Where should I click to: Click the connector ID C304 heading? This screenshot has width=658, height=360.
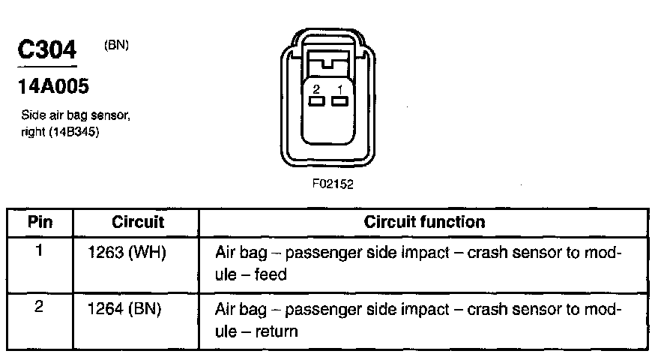point(47,51)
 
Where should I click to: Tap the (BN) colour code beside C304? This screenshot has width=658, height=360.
point(116,45)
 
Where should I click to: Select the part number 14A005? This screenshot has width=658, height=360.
point(53,87)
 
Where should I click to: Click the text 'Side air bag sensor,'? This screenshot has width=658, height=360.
point(76,116)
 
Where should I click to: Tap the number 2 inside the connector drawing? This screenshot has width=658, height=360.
point(317,88)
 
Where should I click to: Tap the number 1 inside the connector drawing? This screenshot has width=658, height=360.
point(339,88)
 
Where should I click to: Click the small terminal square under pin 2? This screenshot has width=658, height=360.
point(317,100)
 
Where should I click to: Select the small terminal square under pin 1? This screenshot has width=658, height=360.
point(339,100)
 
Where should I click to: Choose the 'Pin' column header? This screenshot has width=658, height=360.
point(40,222)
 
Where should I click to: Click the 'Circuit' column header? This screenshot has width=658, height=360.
point(138,222)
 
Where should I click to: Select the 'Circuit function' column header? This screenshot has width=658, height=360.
point(424,222)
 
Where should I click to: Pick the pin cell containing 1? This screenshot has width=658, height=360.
point(39,250)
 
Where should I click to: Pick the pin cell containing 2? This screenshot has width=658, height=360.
point(39,307)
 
